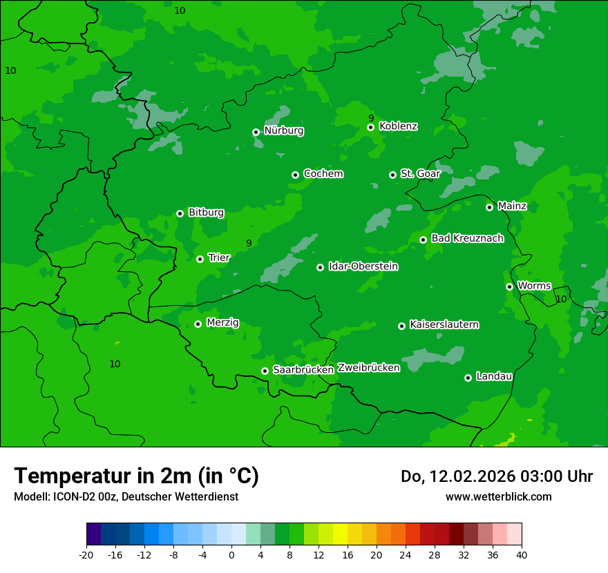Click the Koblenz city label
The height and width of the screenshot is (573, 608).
coord(398,126)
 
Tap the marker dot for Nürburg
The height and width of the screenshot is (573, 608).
coord(256,132)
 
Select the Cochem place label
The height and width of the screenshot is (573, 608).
coord(323,174)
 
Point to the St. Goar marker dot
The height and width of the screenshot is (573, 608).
coord(392,175)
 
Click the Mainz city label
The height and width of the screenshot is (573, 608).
coord(512,206)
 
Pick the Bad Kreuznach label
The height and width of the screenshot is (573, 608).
coord(467,238)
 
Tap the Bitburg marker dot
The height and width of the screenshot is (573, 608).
coord(180,213)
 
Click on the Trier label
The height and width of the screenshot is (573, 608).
coord(219,258)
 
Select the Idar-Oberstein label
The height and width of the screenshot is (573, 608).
coord(363,266)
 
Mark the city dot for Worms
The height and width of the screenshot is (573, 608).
coord(509,286)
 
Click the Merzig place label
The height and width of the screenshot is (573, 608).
coord(222,323)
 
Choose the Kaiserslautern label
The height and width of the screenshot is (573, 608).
coord(444,325)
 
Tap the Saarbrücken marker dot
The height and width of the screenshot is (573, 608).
coord(265,371)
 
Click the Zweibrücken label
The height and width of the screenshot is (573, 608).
coord(368,368)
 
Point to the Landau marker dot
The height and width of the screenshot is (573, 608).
coord(468,378)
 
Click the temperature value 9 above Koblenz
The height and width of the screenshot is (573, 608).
coord(371,118)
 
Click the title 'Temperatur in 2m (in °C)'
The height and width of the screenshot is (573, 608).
coord(136,476)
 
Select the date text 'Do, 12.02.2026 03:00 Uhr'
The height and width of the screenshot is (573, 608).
coord(496,476)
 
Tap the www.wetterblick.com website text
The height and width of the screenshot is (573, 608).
coord(498,497)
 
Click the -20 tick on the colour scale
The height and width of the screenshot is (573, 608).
coord(86,554)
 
